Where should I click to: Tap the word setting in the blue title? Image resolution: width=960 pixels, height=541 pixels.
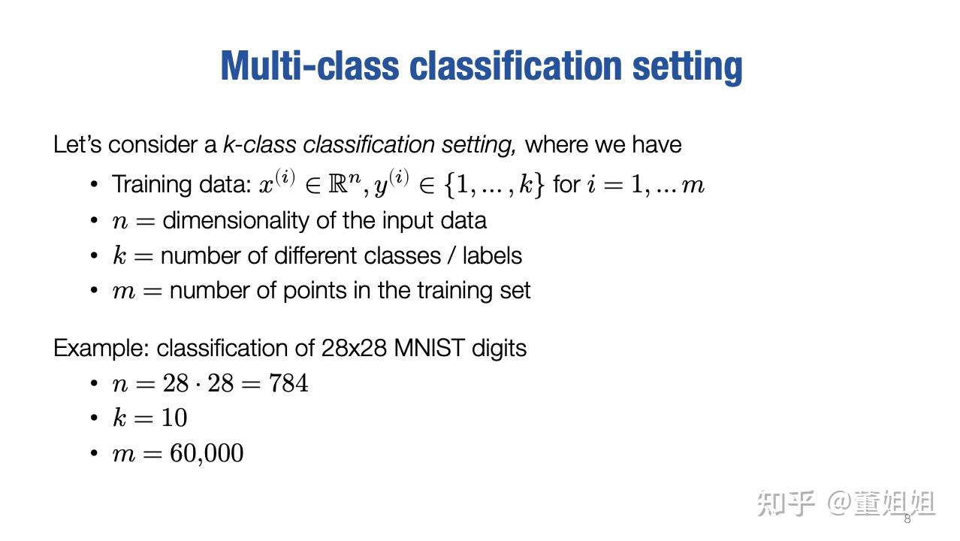(687, 67)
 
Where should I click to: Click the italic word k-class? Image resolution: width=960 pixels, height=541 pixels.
(259, 144)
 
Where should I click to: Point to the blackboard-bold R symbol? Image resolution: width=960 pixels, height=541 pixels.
(338, 185)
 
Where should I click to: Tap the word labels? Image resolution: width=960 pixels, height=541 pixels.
(492, 256)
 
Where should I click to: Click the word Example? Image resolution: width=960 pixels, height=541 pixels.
(101, 348)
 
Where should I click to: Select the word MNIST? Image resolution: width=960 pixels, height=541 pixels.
(429, 348)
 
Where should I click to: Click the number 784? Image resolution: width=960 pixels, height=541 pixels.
(288, 383)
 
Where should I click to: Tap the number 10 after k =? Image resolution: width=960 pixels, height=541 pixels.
(174, 418)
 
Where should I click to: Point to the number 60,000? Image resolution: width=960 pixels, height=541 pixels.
(207, 453)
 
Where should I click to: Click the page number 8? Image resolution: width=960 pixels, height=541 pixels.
(907, 519)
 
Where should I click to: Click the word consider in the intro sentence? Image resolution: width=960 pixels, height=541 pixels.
(152, 144)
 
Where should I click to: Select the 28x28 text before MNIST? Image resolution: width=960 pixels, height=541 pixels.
(354, 348)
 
